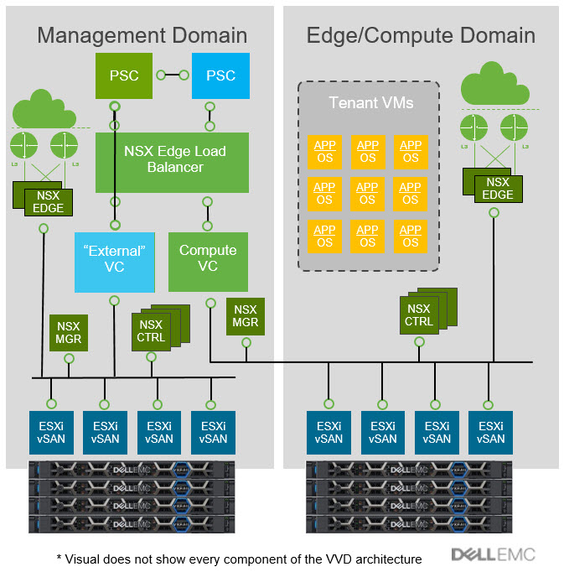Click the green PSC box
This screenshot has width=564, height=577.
click(x=124, y=75)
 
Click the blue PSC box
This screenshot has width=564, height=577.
click(x=220, y=75)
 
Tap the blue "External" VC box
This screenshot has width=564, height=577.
click(x=114, y=258)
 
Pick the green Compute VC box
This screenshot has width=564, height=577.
click(x=208, y=258)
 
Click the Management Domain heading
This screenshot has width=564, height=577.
click(x=142, y=35)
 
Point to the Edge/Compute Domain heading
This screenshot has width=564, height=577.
click(x=421, y=35)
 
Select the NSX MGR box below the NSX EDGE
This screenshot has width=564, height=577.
click(x=68, y=333)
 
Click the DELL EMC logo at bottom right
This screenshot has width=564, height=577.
click(x=493, y=554)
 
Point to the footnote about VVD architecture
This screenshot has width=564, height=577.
click(x=239, y=559)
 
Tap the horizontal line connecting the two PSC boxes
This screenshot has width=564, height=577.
click(x=173, y=75)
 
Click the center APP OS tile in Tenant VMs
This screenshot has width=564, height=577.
click(x=367, y=194)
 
